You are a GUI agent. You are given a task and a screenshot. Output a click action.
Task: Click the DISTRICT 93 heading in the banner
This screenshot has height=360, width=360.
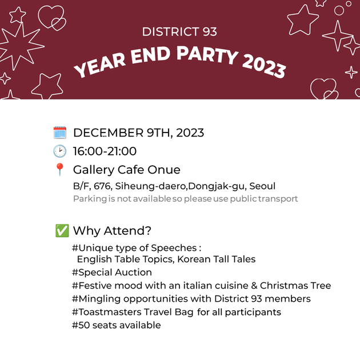point(179,31)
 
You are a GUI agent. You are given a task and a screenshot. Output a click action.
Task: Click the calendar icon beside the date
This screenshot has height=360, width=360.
point(60,133)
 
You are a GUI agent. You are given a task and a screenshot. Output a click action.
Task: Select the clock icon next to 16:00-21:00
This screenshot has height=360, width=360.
point(60,151)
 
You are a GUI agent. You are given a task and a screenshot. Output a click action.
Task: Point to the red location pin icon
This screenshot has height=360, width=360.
point(59,170)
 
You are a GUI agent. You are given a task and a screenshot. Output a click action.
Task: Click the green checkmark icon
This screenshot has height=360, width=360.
point(62,231)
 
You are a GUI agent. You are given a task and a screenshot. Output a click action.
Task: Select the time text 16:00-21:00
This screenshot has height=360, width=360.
point(105,151)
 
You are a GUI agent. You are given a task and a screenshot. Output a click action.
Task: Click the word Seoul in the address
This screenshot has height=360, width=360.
point(262,186)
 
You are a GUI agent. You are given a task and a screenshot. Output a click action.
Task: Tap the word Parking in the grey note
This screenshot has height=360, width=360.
point(90,199)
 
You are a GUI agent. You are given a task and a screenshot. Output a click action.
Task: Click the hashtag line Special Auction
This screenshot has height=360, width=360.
point(112,272)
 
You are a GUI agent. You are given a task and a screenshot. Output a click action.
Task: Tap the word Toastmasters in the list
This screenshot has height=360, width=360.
point(109,312)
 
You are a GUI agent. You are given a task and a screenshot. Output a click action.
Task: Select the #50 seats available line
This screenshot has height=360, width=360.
point(117,325)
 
